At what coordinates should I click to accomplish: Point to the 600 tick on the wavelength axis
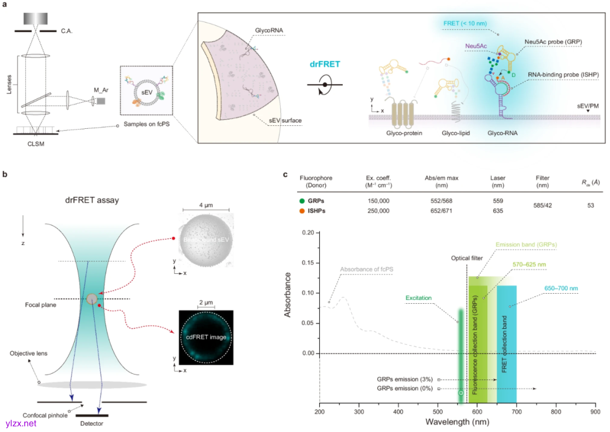click(477, 412)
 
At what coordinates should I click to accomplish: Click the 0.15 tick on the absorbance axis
click(308, 263)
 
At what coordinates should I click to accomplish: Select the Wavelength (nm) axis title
click(457, 422)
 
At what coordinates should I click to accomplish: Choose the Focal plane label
click(40, 304)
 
